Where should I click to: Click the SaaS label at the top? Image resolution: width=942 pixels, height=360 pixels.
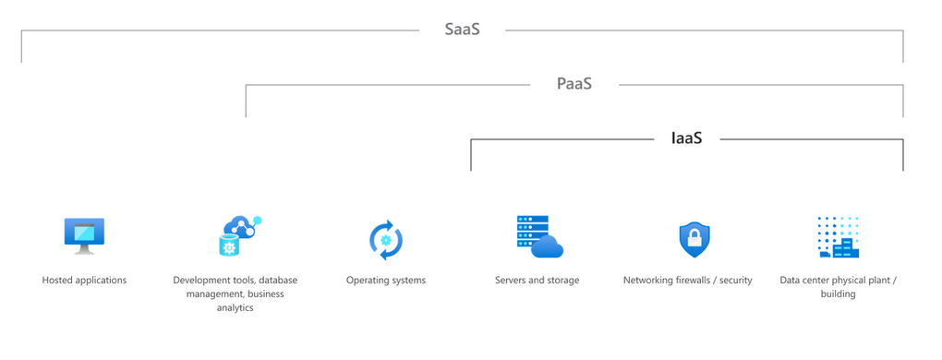coord(462,30)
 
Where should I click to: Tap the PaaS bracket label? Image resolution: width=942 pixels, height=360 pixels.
coord(574,84)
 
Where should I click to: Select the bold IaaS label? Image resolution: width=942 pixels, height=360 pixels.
coord(686,138)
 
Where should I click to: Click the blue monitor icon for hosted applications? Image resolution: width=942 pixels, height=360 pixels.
coord(84,234)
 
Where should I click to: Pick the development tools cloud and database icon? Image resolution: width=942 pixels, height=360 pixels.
coord(239,235)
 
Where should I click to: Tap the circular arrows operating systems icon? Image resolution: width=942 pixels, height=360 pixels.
coord(386,240)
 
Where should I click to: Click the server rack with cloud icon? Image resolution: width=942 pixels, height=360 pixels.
coord(539,236)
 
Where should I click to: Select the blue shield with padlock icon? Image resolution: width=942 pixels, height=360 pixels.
coord(694,240)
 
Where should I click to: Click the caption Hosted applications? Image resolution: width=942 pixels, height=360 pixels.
coord(84,280)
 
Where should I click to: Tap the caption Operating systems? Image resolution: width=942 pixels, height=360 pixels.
coord(386,280)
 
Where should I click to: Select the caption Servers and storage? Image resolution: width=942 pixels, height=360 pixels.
coord(537,280)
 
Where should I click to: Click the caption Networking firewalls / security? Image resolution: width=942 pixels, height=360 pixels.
coord(688,280)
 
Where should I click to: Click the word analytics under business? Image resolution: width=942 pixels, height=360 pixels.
coord(235,307)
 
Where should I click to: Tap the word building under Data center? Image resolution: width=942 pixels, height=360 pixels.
coord(838,294)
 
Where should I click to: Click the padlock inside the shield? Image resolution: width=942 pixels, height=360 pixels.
coord(694,242)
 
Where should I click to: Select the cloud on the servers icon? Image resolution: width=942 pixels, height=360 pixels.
coord(548,246)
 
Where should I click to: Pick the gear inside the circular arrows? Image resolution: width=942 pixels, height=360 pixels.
coord(386,241)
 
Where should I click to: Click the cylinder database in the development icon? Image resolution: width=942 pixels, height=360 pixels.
coord(228,246)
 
